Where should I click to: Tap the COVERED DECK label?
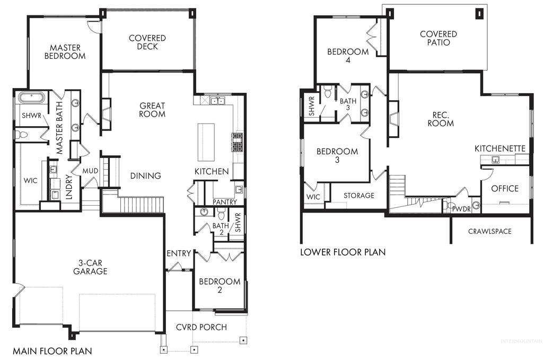click(x=147, y=42)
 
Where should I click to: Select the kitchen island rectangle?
click(x=206, y=142)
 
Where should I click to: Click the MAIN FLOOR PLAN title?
click(x=52, y=351)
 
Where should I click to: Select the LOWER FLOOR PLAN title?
click(x=343, y=252)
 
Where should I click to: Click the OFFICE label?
click(x=504, y=189)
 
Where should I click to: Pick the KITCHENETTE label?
click(x=500, y=148)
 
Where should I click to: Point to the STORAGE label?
click(x=358, y=196)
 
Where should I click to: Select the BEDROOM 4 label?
click(x=347, y=56)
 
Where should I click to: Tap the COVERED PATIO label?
click(x=438, y=38)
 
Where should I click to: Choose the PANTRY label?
click(x=225, y=203)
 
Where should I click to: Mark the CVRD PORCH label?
click(x=201, y=327)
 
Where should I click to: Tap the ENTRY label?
click(x=178, y=253)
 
